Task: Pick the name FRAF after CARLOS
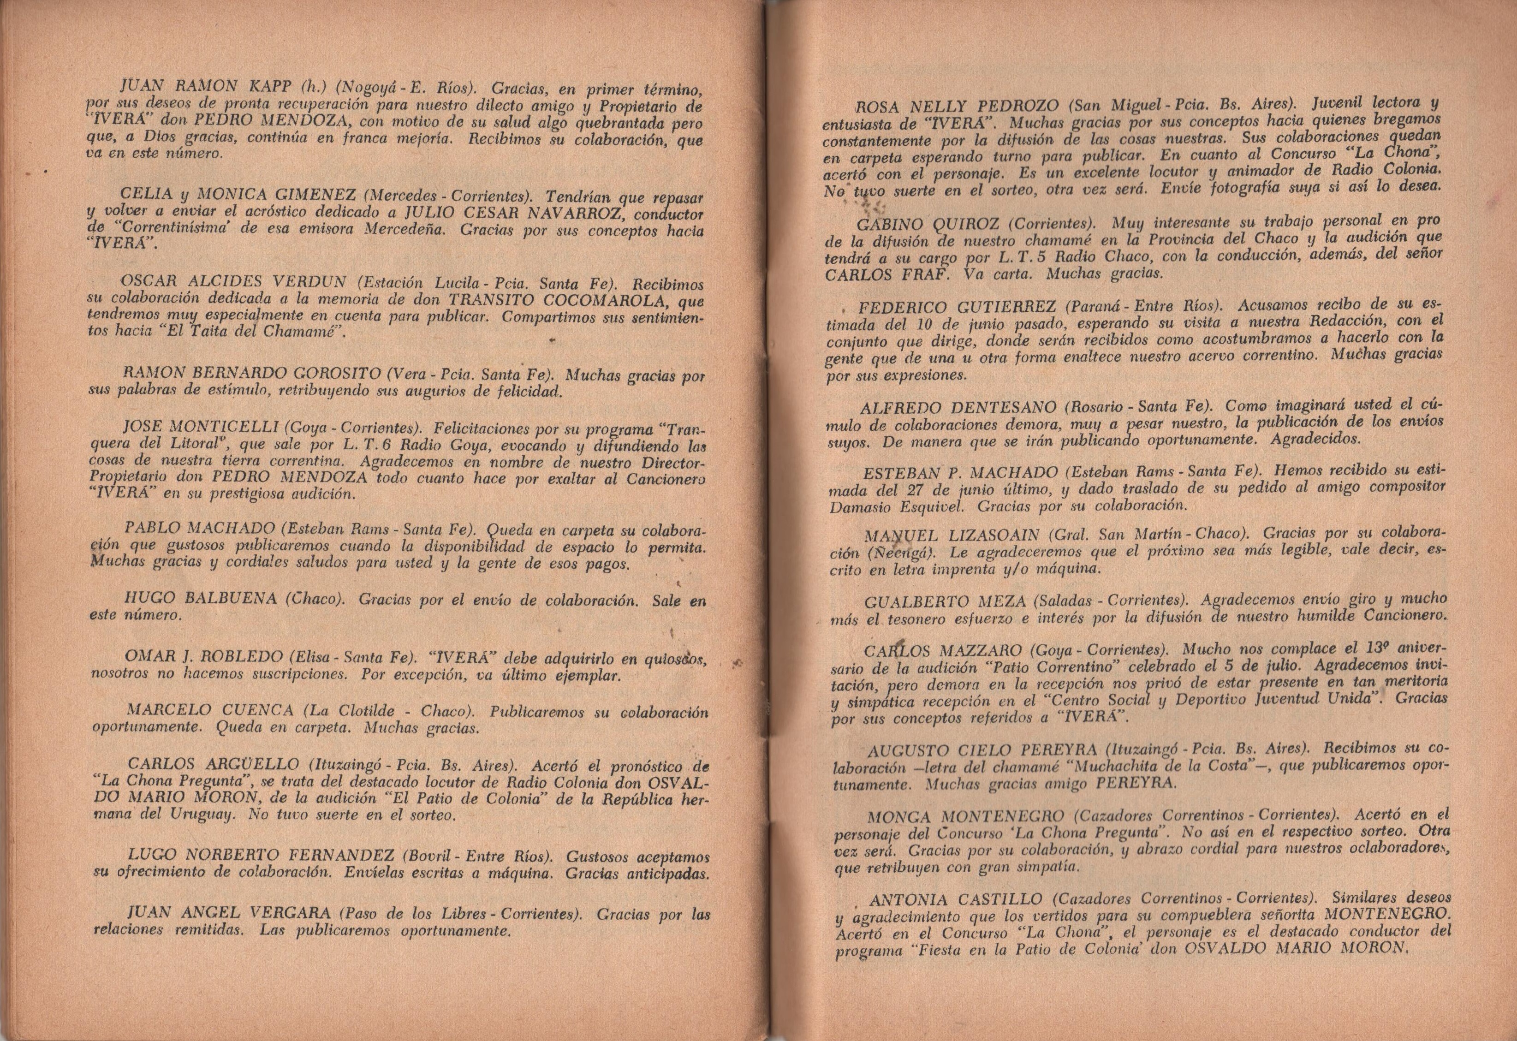pyautogui.click(x=920, y=274)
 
